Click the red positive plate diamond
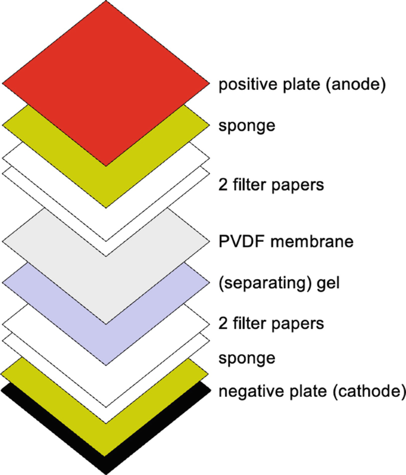pyautogui.click(x=106, y=83)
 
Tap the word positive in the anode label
pyautogui.click(x=244, y=85)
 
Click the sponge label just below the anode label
pyautogui.click(x=242, y=127)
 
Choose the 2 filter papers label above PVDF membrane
pyautogui.click(x=271, y=185)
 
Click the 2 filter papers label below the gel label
pyautogui.click(x=271, y=324)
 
